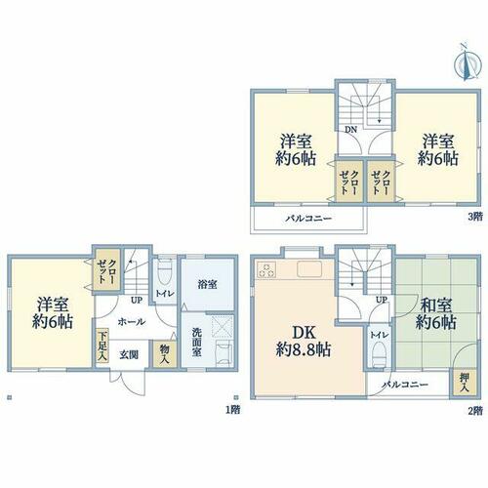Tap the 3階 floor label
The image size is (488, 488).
[475, 217]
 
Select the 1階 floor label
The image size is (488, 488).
[233, 410]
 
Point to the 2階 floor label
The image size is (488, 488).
[475, 411]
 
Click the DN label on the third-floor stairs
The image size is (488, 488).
[351, 130]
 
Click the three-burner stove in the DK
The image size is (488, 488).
[266, 269]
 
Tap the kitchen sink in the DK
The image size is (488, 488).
[309, 269]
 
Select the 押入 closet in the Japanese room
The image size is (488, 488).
[465, 383]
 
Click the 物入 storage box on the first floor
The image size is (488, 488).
[165, 354]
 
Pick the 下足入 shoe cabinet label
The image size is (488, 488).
[102, 346]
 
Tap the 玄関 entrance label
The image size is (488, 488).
[129, 354]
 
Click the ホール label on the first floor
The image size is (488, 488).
[132, 322]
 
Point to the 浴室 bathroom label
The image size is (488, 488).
[207, 284]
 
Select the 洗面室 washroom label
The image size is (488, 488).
[196, 342]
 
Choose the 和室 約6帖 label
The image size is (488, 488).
[436, 314]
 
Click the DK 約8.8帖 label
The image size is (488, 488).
[304, 342]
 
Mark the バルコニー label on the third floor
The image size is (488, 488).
[308, 219]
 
